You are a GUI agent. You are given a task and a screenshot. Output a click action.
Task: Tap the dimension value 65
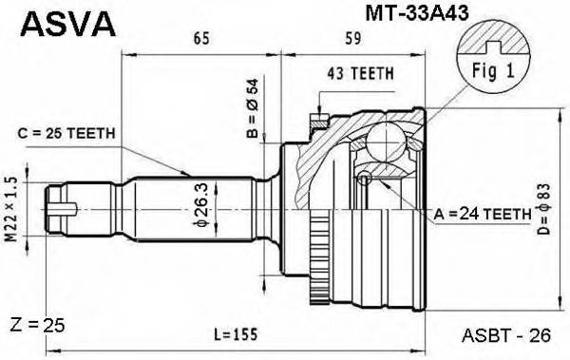tap(199, 40)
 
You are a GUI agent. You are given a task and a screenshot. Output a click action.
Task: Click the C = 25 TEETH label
tap(68, 132)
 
